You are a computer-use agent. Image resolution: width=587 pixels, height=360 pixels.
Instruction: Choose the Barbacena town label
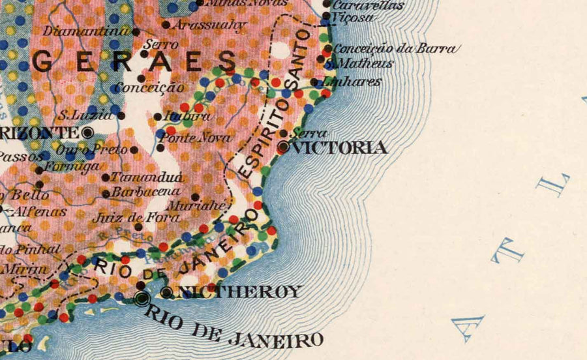coord(145,192)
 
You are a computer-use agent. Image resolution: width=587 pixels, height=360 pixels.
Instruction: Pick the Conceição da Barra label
coord(395,48)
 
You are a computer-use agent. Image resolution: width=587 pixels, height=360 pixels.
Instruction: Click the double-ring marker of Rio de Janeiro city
coord(142,298)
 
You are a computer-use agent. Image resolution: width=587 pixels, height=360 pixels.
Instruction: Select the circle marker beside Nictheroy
coord(167,292)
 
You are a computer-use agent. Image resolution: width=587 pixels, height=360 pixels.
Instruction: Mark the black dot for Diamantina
coord(136,31)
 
